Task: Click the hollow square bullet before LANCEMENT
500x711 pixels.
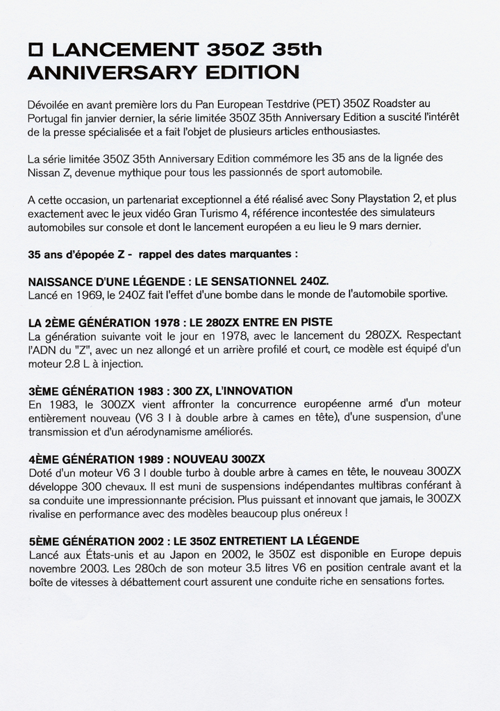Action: (36, 50)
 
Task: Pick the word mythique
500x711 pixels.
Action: (164, 172)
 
